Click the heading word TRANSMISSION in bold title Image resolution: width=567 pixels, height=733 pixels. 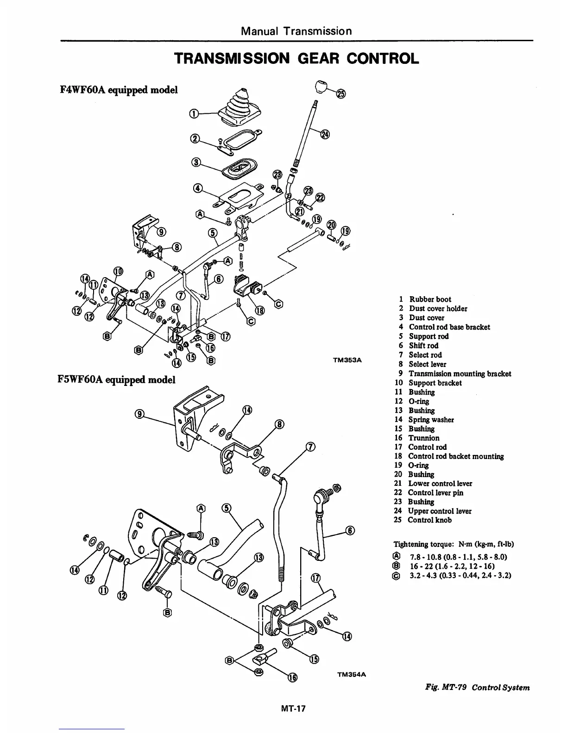pyautogui.click(x=232, y=58)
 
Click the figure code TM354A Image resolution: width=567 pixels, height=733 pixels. pyautogui.click(x=351, y=674)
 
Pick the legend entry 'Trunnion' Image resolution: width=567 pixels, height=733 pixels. pyautogui.click(x=423, y=438)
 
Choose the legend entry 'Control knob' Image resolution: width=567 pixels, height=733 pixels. pyautogui.click(x=429, y=520)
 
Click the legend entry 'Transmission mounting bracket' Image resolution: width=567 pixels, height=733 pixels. pyautogui.click(x=460, y=373)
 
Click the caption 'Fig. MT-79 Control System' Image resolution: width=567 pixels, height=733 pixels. pyautogui.click(x=477, y=687)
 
